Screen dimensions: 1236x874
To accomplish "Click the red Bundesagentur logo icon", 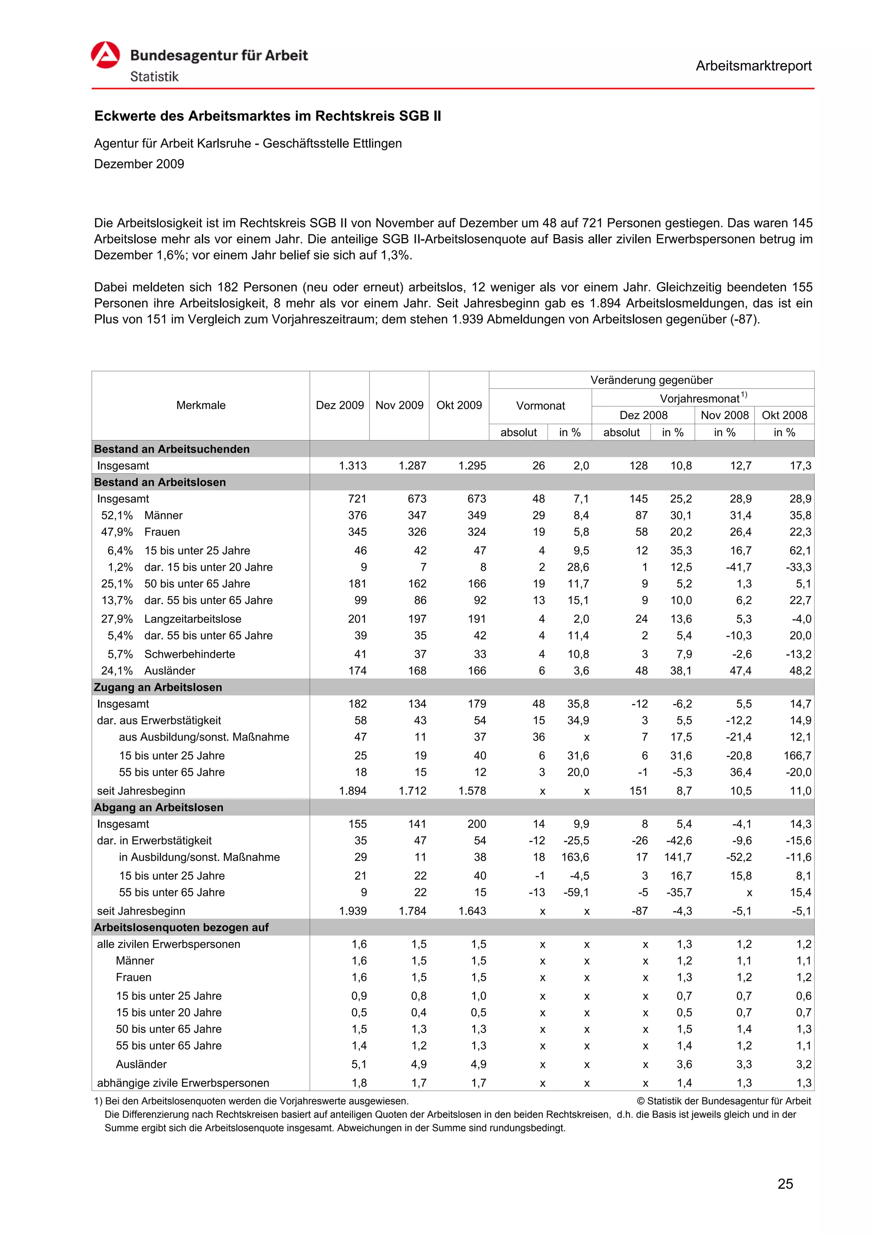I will pyautogui.click(x=105, y=55).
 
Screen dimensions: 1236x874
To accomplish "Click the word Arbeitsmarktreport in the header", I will pyautogui.click(x=753, y=66).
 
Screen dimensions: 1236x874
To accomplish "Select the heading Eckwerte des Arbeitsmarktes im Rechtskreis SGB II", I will pyautogui.click(x=267, y=116).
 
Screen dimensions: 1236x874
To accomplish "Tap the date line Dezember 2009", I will pyautogui.click(x=139, y=164).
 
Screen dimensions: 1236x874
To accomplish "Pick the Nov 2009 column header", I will pyautogui.click(x=399, y=405).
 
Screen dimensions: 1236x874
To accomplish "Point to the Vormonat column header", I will pyautogui.click(x=540, y=406).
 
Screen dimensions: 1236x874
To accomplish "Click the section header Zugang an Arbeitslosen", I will pyautogui.click(x=158, y=687).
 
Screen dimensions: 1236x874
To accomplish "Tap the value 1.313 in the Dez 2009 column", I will pyautogui.click(x=353, y=465).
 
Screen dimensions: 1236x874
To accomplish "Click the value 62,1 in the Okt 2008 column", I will pyautogui.click(x=800, y=551).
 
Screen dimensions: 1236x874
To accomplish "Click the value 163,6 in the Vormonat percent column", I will pyautogui.click(x=575, y=857).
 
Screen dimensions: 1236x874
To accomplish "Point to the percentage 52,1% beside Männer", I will pyautogui.click(x=117, y=516).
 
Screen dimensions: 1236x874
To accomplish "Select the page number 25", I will pyautogui.click(x=785, y=1184).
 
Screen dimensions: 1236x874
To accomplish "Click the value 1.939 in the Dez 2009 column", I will pyautogui.click(x=353, y=911).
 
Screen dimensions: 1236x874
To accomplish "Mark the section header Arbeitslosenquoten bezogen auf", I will pyautogui.click(x=181, y=928).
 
